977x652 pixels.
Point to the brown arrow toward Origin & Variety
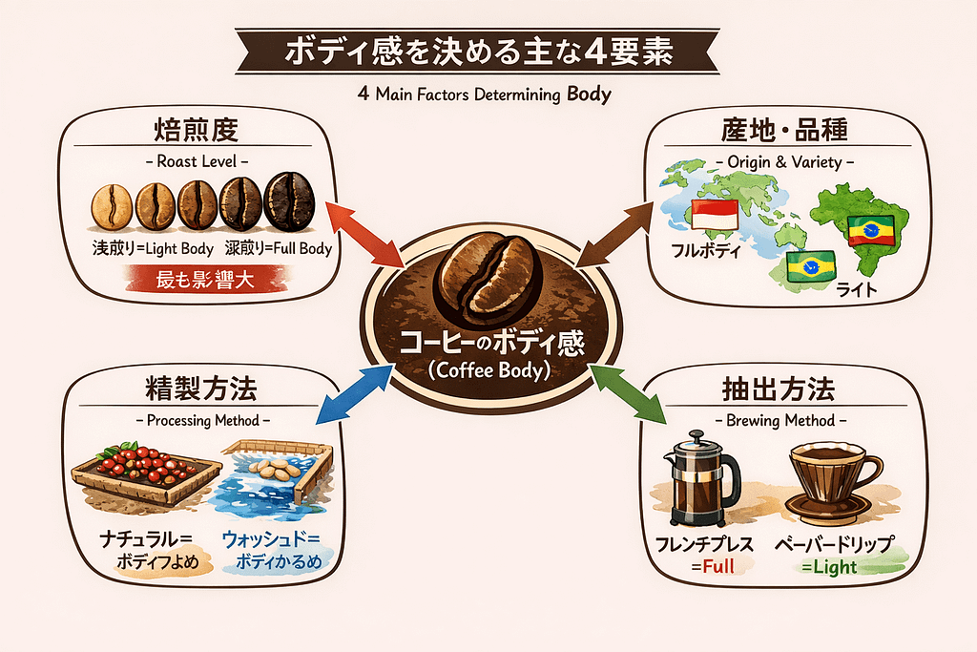pyautogui.click(x=617, y=235)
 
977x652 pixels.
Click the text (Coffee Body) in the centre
pyautogui.click(x=489, y=370)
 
